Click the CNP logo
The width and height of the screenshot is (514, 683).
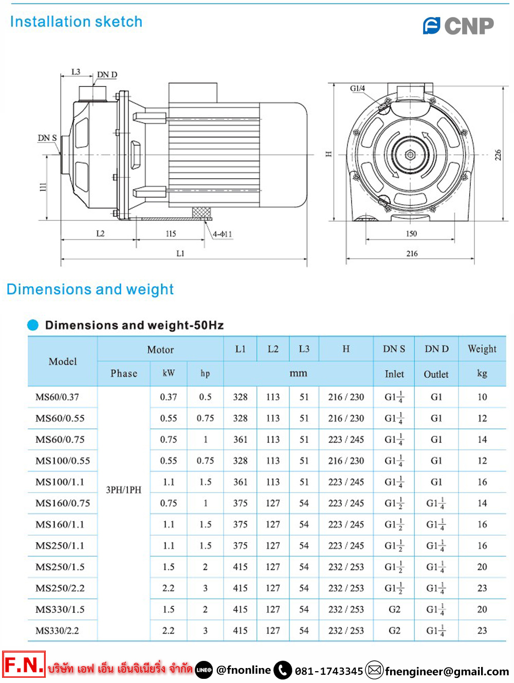[x=458, y=25]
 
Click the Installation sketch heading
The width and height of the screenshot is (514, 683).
[x=76, y=22]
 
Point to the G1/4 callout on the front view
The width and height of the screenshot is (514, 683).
[x=357, y=89]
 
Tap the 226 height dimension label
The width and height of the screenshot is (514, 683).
[x=498, y=155]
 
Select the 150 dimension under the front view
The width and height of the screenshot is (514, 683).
[x=411, y=234]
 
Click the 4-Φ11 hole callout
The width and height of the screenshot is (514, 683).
[x=223, y=234]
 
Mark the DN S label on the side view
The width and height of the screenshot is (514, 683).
[x=47, y=138]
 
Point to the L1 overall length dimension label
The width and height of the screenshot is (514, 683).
[x=180, y=253]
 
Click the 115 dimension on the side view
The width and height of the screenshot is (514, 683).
[x=171, y=234]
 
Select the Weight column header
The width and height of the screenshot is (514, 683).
[x=482, y=349]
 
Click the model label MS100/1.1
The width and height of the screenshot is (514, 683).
[x=60, y=482]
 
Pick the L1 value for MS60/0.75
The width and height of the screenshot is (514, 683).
[x=240, y=440]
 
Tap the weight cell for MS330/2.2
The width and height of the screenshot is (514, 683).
[x=482, y=631]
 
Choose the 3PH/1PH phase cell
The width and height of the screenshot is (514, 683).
[x=123, y=489]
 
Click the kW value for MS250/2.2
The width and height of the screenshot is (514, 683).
[x=168, y=588]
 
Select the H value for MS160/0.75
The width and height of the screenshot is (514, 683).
[x=346, y=503]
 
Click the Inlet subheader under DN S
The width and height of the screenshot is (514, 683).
[x=394, y=374]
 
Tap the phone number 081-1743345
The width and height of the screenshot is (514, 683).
[x=329, y=671]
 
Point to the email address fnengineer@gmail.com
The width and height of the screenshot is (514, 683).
[x=447, y=671]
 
